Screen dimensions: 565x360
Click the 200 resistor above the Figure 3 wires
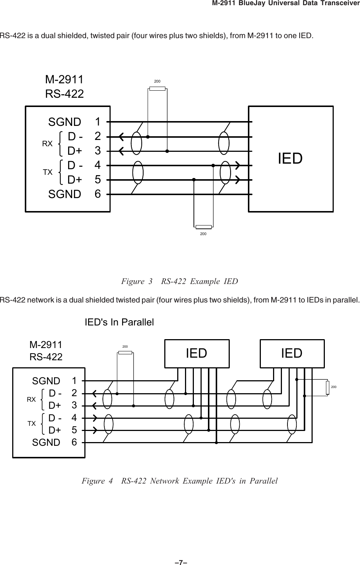point(157,88)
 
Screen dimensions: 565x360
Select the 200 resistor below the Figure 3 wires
point(203,227)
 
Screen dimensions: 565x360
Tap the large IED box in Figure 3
point(291,159)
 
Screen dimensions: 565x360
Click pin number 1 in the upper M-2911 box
point(98,121)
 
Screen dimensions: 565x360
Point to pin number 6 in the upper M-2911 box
point(98,194)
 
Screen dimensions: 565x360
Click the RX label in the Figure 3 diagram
point(47,144)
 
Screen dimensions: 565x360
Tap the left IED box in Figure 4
point(197,353)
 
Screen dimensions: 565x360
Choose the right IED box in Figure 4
point(292,353)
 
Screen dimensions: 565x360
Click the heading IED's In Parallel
point(119,322)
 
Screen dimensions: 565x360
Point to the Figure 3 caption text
point(179,281)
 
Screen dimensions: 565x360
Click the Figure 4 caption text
point(179,481)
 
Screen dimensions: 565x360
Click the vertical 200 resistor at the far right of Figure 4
point(328,387)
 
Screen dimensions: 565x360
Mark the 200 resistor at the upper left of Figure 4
point(125,352)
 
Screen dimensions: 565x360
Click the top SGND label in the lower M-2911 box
point(46,381)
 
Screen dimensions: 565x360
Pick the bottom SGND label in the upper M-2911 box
point(65,194)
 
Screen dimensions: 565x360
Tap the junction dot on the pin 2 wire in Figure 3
point(148,137)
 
